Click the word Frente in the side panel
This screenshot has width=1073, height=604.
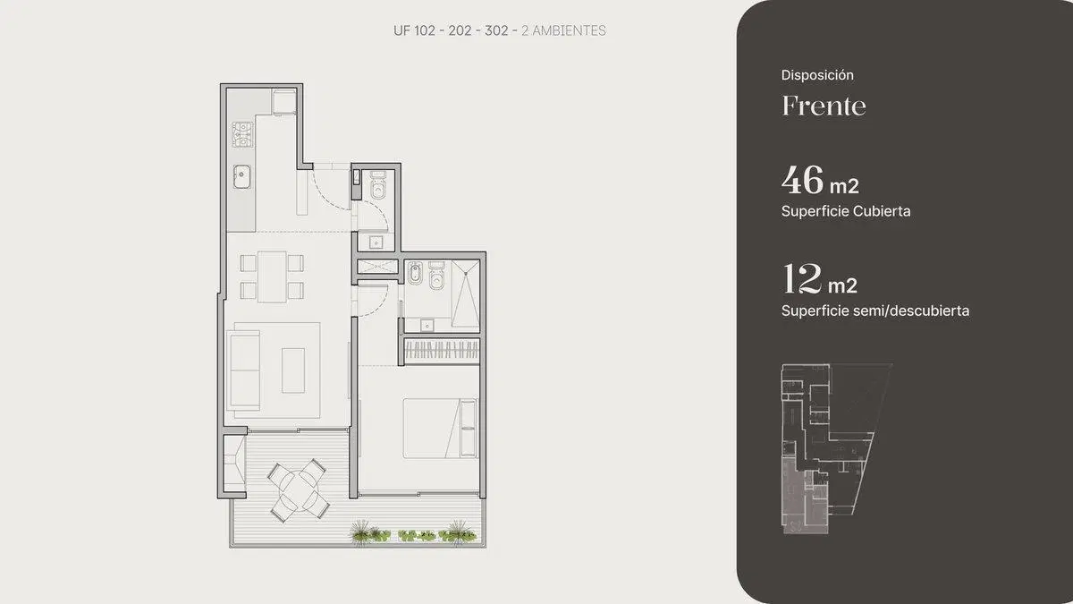tap(824, 106)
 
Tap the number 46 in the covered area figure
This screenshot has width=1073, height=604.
tap(802, 180)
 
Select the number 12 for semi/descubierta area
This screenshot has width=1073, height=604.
tap(802, 278)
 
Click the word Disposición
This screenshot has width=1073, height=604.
tap(817, 75)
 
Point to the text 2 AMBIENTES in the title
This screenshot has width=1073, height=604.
tap(563, 30)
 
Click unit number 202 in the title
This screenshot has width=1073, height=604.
tap(460, 30)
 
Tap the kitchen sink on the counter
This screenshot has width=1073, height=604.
tap(242, 176)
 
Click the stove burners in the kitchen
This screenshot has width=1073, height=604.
tap(243, 134)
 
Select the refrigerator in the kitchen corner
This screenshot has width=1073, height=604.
tap(284, 102)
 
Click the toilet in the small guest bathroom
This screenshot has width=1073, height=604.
tap(378, 186)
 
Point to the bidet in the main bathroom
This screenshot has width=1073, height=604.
tap(415, 273)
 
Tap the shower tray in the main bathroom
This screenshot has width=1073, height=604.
tap(465, 293)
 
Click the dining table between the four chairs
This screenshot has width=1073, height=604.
tap(272, 276)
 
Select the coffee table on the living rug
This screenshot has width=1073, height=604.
tap(293, 370)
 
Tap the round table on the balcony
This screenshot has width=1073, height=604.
tap(299, 490)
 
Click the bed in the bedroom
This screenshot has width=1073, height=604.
tap(440, 429)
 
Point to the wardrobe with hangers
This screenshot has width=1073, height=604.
tap(442, 350)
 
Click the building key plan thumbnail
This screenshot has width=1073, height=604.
tap(837, 449)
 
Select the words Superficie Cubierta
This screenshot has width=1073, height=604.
tap(846, 211)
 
